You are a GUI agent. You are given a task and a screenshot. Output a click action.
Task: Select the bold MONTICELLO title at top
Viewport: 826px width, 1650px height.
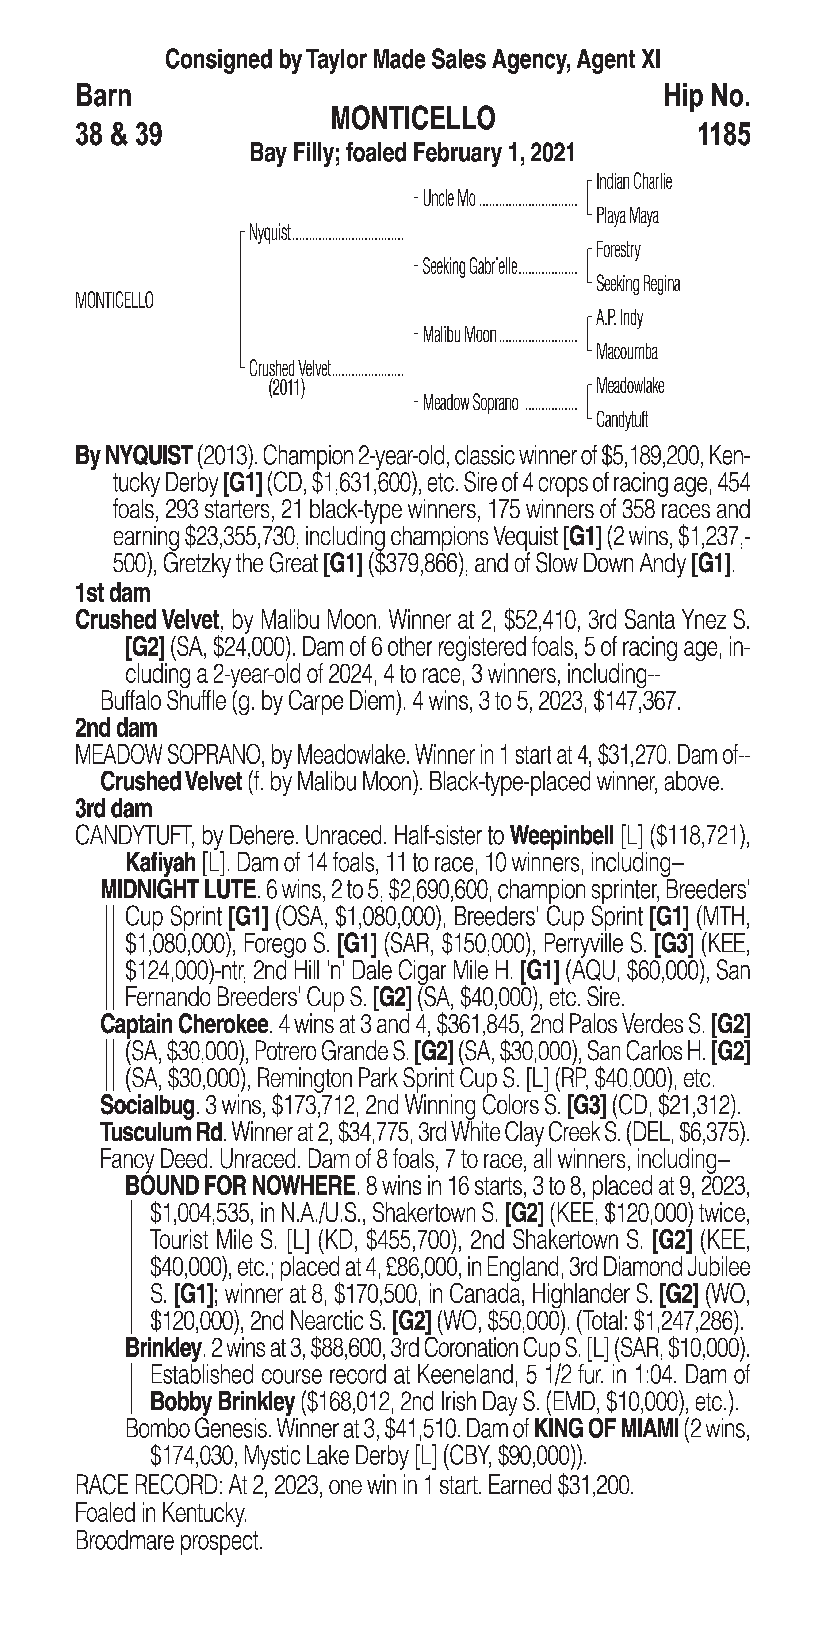[412, 119]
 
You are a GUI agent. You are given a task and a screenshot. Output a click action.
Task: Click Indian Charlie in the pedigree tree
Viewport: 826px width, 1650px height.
[633, 182]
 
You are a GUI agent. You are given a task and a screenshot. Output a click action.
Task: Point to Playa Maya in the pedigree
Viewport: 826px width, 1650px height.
[627, 216]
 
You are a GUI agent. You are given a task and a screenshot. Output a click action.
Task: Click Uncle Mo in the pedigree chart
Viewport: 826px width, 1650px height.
[449, 199]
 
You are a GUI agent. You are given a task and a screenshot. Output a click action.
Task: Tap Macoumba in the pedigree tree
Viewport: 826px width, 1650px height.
[626, 352]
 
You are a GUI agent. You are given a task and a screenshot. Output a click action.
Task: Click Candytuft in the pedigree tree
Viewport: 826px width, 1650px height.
[622, 420]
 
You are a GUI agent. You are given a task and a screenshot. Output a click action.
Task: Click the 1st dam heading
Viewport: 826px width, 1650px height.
[113, 593]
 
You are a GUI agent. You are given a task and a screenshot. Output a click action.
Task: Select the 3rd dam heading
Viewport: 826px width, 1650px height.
[113, 809]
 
